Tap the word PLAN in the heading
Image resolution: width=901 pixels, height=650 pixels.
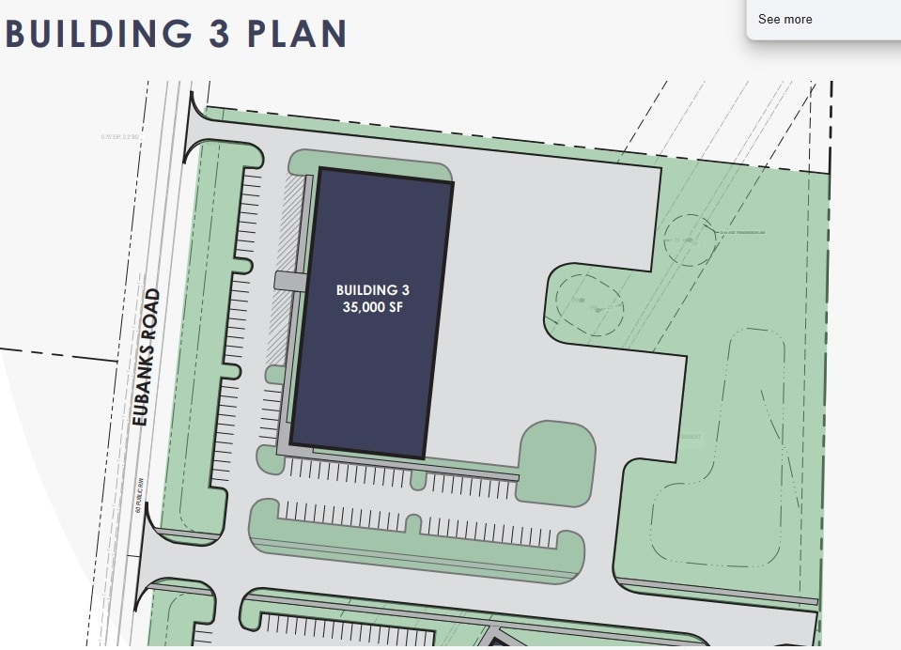tap(298, 33)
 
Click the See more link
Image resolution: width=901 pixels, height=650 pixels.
tap(784, 19)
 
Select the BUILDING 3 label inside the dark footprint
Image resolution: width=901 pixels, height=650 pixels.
tap(373, 290)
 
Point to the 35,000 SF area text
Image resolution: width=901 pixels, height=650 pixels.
tap(373, 307)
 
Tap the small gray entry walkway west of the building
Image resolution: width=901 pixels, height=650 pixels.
tap(289, 280)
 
